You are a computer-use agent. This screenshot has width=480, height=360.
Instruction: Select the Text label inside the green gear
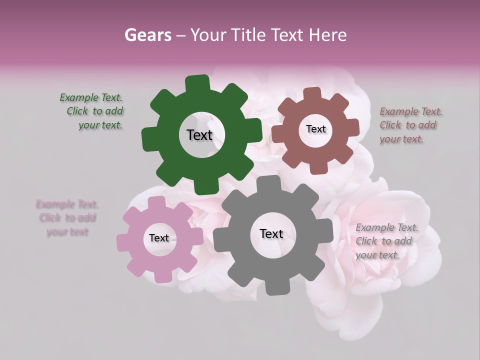(x=199, y=135)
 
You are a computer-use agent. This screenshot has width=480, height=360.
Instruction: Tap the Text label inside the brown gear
(x=315, y=129)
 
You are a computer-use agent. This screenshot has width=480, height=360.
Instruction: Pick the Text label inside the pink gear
(x=159, y=238)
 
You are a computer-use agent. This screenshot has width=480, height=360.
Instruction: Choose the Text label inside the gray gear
(x=271, y=233)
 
